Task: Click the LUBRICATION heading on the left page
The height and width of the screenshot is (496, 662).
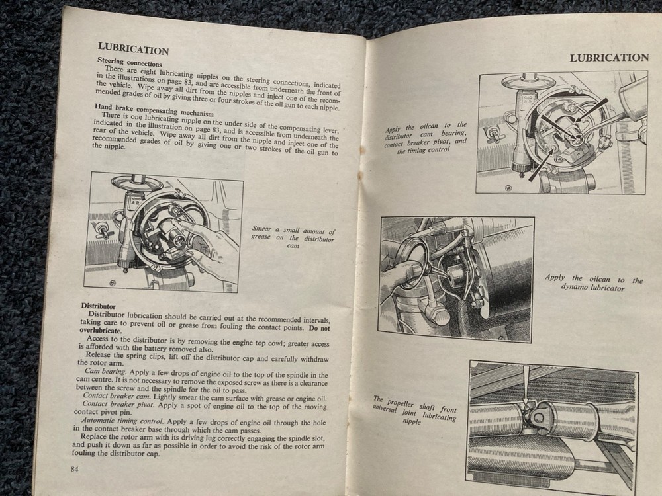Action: click(x=133, y=50)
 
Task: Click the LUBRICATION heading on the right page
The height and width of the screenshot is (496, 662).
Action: click(x=609, y=58)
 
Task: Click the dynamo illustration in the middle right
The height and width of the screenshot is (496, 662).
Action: click(x=456, y=278)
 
